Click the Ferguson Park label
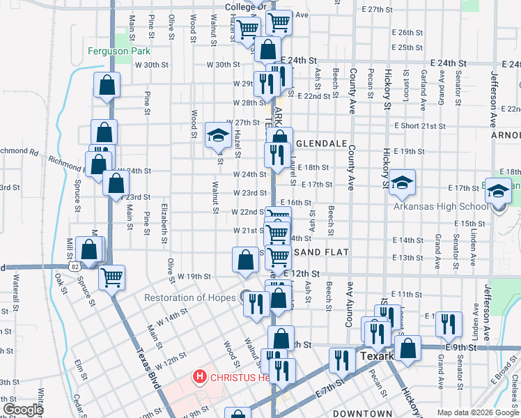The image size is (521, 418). pyautogui.click(x=119, y=51)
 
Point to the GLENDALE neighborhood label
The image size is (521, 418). pyautogui.click(x=321, y=144)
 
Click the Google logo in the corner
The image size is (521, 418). pyautogui.click(x=23, y=410)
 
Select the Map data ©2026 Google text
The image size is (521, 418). pyautogui.click(x=478, y=413)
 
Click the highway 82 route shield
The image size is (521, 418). pyautogui.click(x=75, y=266)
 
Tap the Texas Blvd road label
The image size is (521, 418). pyautogui.click(x=148, y=369)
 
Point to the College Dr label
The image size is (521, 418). pyautogui.click(x=245, y=7)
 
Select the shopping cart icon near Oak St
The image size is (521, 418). pyautogui.click(x=111, y=277)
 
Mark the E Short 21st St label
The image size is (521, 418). pyautogui.click(x=419, y=126)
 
